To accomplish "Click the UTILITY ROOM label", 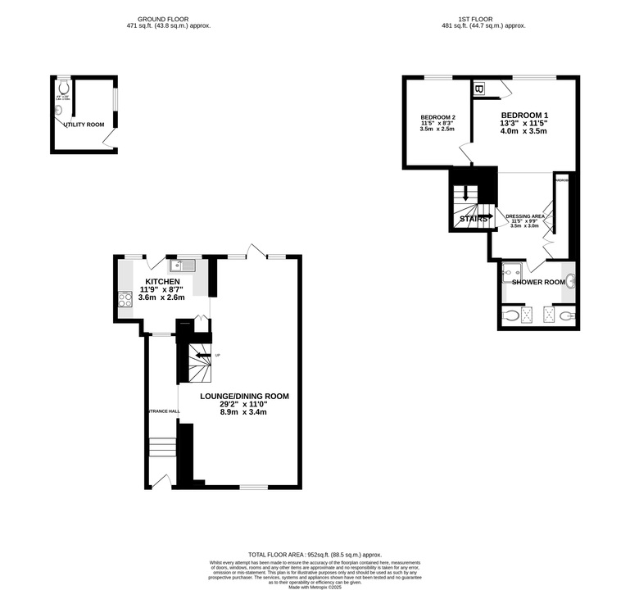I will tap(84, 125).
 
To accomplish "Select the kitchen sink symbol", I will tap(182, 265).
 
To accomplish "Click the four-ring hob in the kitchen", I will tap(125, 300).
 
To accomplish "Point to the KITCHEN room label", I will tap(162, 281).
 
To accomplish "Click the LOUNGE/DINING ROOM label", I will tap(244, 397).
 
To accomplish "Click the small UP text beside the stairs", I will tap(217, 355).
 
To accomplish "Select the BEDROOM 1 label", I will tap(524, 115).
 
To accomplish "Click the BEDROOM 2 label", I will tap(437, 116).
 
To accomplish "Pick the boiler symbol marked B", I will tap(479, 88).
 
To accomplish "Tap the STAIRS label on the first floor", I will tap(474, 219).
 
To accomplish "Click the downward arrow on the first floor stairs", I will tap(465, 195).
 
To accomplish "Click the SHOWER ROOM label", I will tap(538, 283).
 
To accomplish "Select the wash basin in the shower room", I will tap(570, 282).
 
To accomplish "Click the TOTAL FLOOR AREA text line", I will tap(315, 555).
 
